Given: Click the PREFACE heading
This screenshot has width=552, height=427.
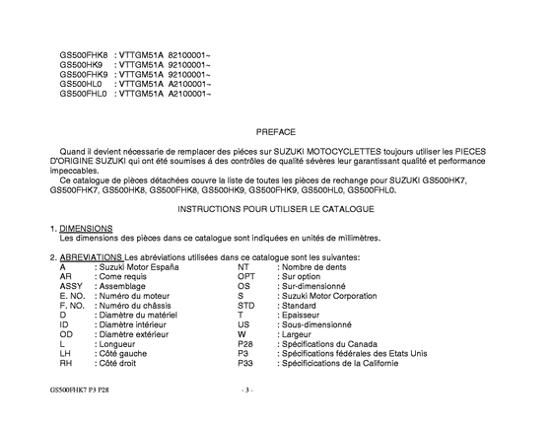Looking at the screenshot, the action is [275, 130].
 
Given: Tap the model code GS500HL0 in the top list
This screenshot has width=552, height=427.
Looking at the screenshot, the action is [80, 86].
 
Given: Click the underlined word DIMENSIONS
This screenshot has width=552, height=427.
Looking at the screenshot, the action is [86, 229].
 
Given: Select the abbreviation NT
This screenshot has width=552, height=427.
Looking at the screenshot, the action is [243, 266].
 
